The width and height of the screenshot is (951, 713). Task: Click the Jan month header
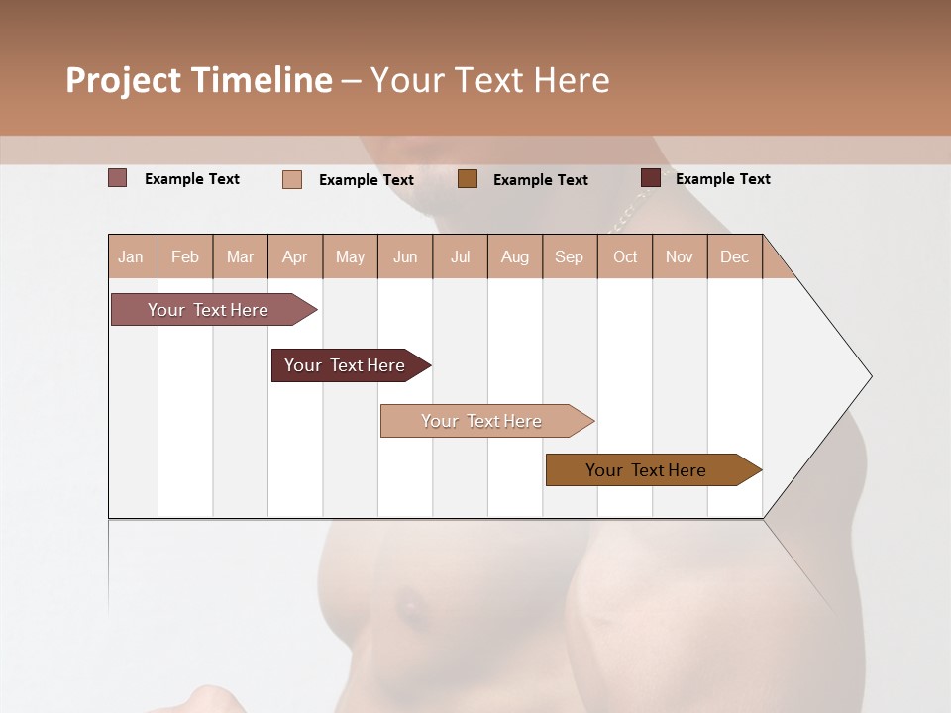(x=131, y=257)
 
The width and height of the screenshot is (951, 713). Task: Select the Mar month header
(x=240, y=257)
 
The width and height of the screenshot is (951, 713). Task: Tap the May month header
(x=350, y=257)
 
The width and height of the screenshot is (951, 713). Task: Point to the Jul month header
(x=460, y=257)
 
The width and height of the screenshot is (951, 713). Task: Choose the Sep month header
(x=569, y=257)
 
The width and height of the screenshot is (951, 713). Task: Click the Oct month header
(x=625, y=257)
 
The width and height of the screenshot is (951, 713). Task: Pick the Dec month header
(x=734, y=257)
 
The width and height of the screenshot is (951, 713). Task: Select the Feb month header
(x=185, y=257)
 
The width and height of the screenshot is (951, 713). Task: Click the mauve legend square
(x=118, y=178)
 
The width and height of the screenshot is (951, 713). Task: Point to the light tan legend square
(x=292, y=179)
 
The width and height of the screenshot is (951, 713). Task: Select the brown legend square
(x=468, y=179)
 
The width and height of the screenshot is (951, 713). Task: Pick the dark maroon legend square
(x=651, y=178)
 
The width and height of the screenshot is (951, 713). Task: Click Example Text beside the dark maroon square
(x=722, y=179)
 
